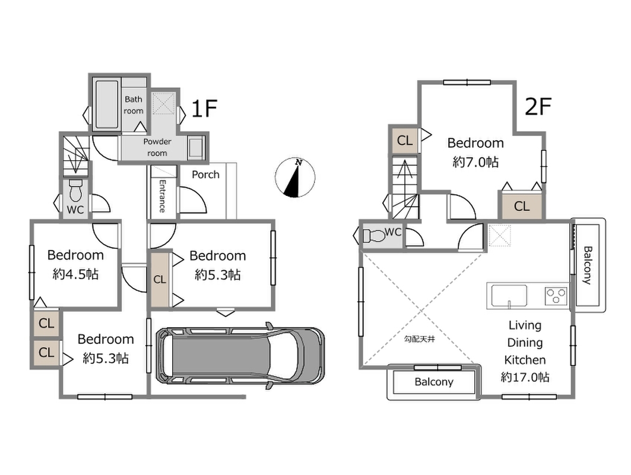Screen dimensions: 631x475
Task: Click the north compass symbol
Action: point(295,178)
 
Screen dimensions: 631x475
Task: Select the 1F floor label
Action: point(204,108)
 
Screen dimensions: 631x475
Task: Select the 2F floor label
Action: point(538,107)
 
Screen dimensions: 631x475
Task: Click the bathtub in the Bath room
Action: point(107,104)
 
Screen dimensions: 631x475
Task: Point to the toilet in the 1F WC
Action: point(75,191)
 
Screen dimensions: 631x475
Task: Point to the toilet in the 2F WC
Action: point(373,236)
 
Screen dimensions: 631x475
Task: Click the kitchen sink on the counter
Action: point(509,296)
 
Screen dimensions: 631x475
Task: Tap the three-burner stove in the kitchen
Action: point(556,296)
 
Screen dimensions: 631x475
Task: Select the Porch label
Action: point(205,175)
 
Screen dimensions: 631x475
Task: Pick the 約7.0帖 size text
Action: point(475,162)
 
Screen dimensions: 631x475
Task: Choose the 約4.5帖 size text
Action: point(75,274)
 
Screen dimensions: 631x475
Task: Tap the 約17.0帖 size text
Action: point(525,377)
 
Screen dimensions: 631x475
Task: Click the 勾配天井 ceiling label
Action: point(420,340)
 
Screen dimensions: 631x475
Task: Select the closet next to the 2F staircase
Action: point(404,140)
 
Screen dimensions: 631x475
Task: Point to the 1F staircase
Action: point(75,155)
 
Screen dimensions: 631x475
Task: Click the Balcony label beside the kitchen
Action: point(588,265)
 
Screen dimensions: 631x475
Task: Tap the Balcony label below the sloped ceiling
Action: point(434,382)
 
